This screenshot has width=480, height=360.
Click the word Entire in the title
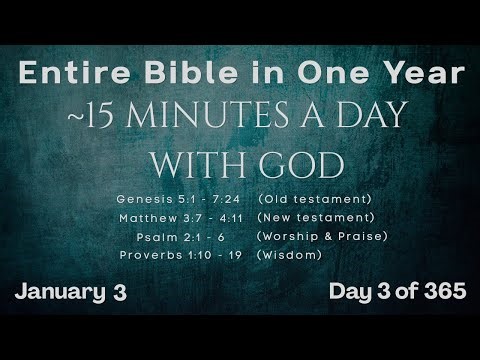66,73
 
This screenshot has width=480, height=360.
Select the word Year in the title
428,73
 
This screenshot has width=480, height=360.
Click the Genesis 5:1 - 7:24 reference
181,199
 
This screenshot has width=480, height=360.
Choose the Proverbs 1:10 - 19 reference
180,255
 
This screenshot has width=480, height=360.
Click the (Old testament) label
314,199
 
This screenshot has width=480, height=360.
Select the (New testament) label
315,217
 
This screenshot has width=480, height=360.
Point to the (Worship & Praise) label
322,236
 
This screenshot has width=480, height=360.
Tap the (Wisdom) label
289,255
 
